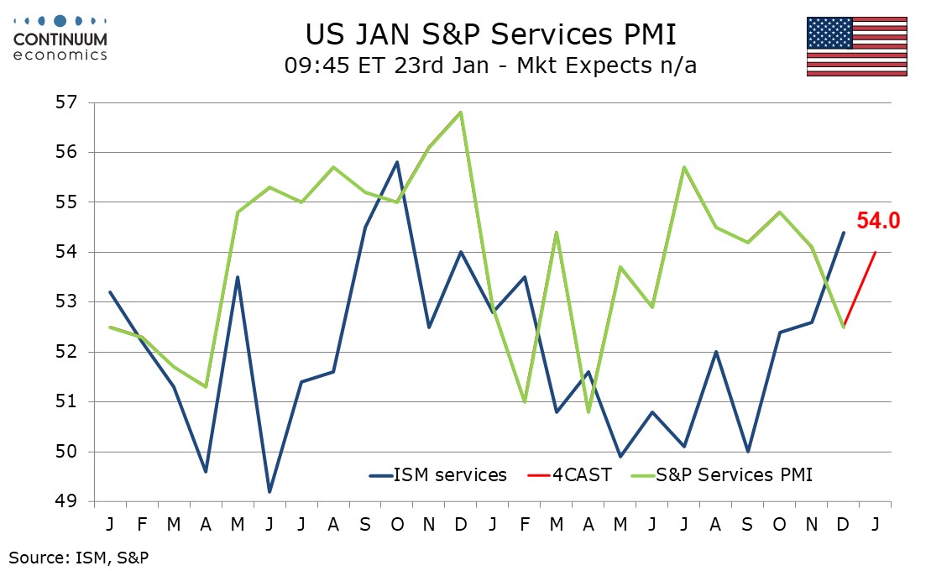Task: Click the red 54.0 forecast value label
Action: tap(878, 222)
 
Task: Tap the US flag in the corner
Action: tap(856, 46)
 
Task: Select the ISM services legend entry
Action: tap(438, 475)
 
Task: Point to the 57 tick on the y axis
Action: tap(67, 103)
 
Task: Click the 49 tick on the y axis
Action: tap(67, 502)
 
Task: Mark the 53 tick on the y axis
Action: tap(67, 302)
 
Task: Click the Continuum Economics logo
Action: tap(60, 38)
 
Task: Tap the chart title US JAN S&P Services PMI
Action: tap(490, 36)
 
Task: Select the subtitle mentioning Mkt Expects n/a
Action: tap(490, 66)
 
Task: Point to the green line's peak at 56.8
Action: tap(461, 113)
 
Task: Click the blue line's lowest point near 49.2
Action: tap(269, 492)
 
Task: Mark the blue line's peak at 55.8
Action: tap(397, 162)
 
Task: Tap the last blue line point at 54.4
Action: tap(844, 233)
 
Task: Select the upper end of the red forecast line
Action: tap(876, 252)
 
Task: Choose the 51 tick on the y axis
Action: tap(67, 402)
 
